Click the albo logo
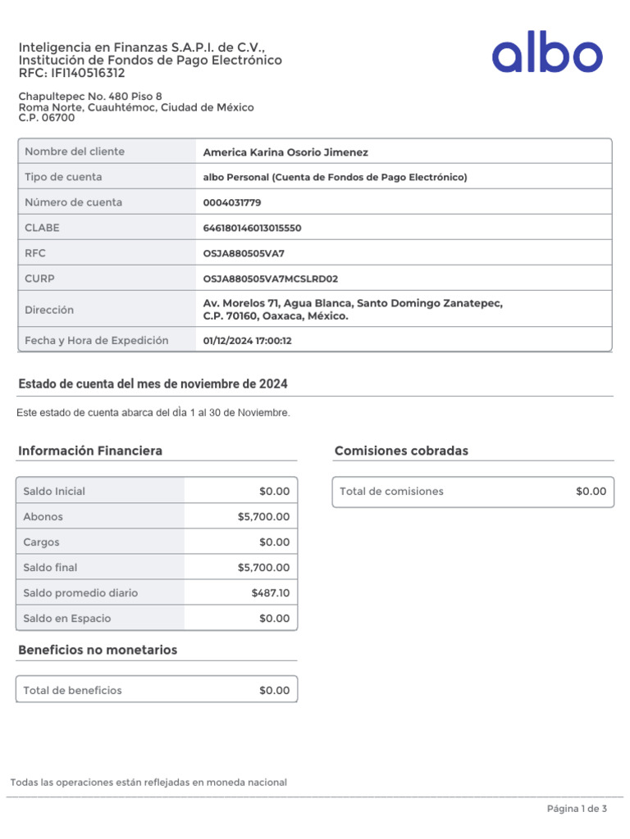point(547,56)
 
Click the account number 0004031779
point(232,202)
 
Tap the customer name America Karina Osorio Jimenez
point(285,152)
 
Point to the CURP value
point(270,279)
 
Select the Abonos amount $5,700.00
point(263,517)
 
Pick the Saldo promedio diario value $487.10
point(271,593)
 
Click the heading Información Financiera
point(90,451)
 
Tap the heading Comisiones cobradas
point(401,451)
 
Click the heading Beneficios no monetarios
point(98,650)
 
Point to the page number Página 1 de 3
point(577,810)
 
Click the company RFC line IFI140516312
point(72,73)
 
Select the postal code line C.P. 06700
point(47,118)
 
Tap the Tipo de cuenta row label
point(63,177)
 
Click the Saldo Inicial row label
point(54,492)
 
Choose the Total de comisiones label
point(391,492)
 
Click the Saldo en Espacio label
point(67,619)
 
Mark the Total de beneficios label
point(72,691)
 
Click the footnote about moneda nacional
point(148,782)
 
